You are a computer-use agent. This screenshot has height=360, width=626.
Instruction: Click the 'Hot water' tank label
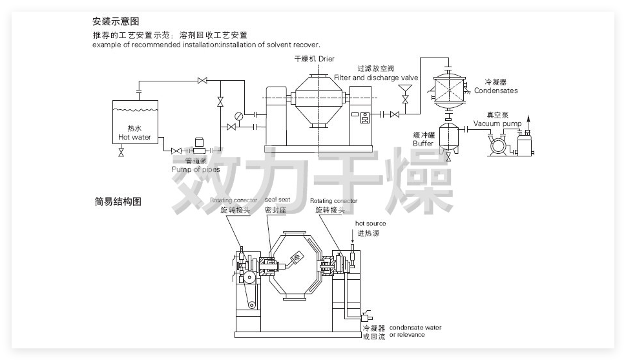(x=134, y=137)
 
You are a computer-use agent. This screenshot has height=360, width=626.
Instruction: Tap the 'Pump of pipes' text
(x=195, y=169)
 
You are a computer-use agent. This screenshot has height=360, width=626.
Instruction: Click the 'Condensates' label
(x=496, y=90)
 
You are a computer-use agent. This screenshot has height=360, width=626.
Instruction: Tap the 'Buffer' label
(x=423, y=143)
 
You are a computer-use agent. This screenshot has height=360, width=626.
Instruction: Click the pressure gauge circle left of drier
(x=239, y=116)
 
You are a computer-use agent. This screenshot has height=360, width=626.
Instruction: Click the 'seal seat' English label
(x=276, y=201)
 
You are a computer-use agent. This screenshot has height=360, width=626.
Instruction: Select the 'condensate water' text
(x=415, y=328)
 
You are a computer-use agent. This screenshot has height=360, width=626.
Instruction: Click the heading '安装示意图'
(x=116, y=21)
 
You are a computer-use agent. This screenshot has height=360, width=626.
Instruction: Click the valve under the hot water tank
(x=121, y=154)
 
